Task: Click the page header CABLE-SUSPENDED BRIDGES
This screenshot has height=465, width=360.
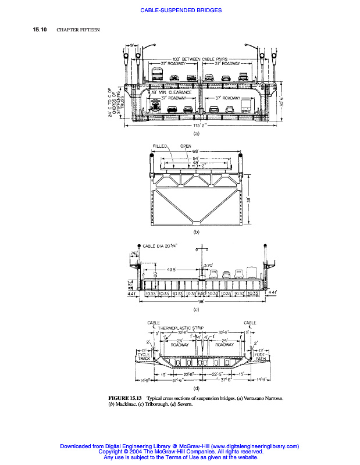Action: point(181,10)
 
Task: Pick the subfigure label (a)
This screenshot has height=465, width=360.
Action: point(196,134)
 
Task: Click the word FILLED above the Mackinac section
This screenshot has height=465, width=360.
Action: point(161,146)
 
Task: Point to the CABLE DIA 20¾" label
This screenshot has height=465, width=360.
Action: point(160,245)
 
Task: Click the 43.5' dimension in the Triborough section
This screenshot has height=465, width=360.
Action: point(172,269)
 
